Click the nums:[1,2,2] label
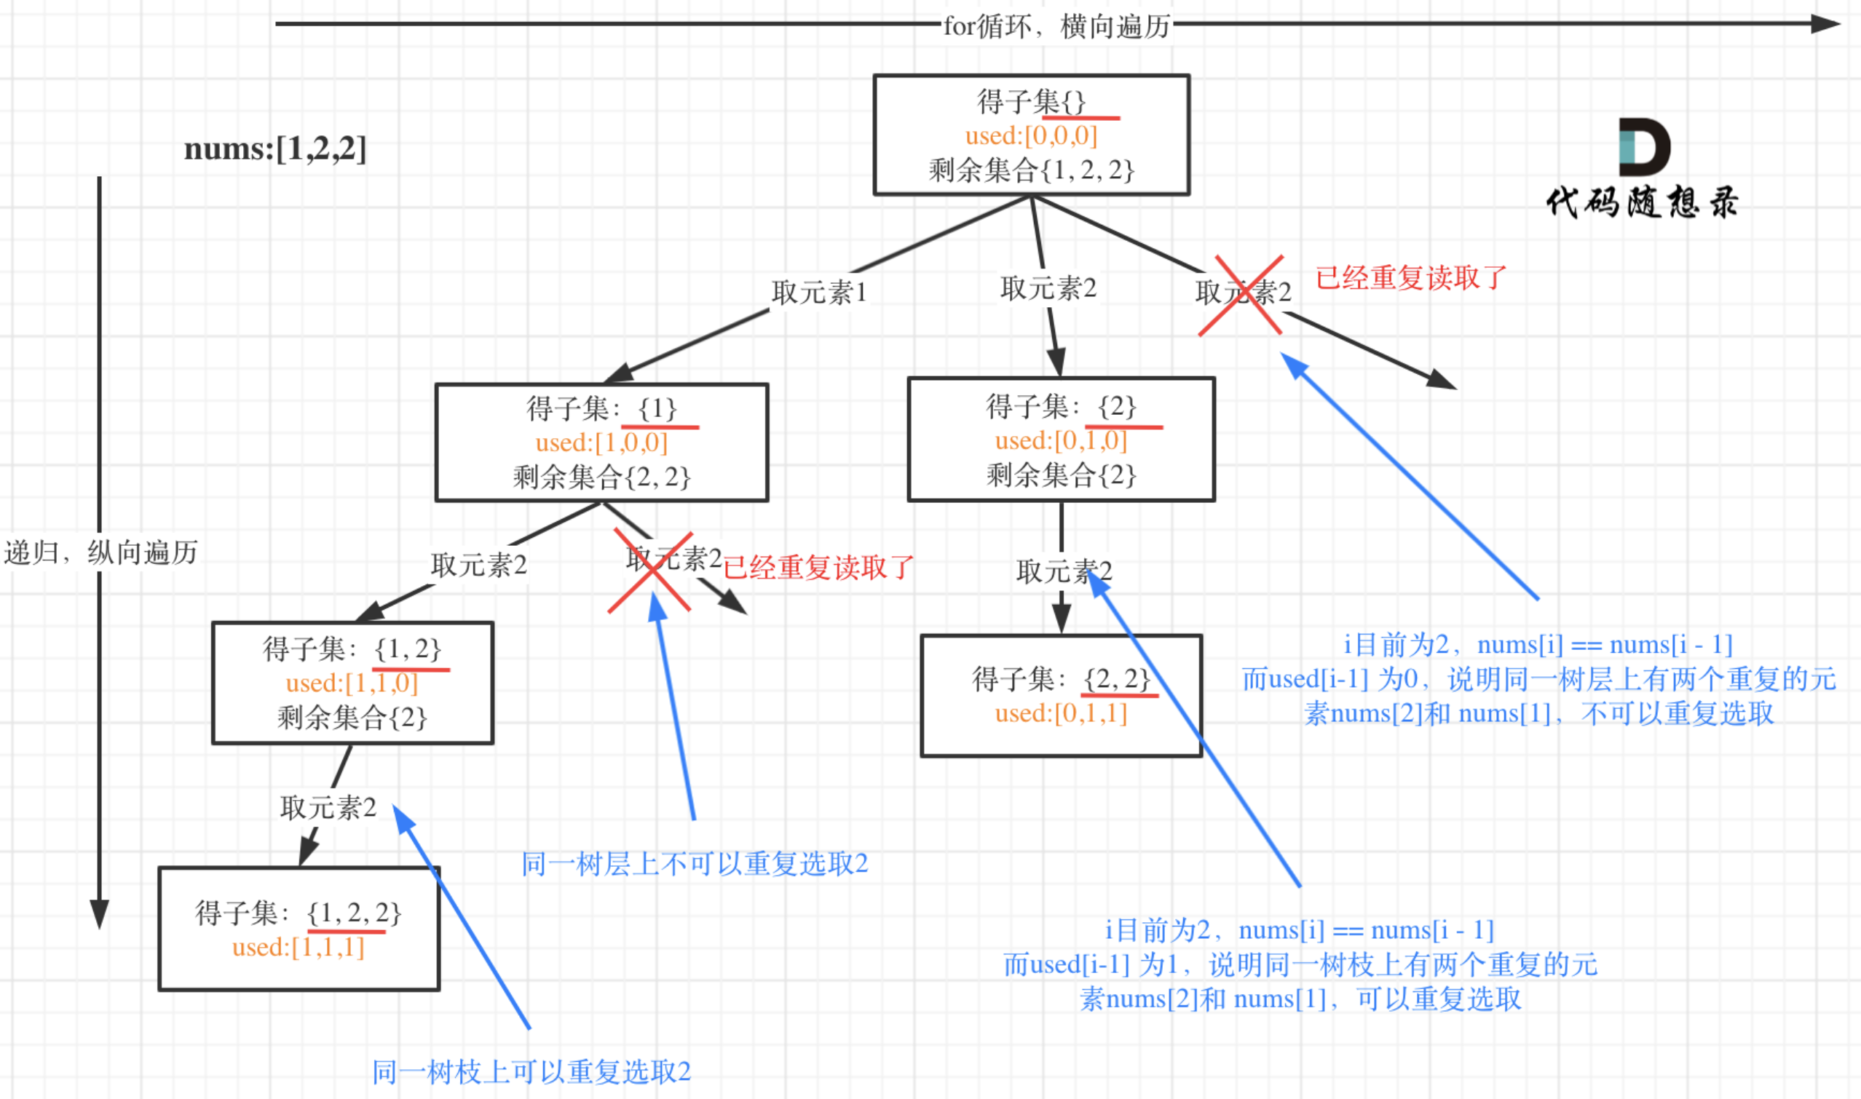click(x=274, y=149)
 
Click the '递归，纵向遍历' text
click(x=100, y=552)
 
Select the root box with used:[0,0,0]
click(x=1031, y=135)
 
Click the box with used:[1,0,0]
click(x=601, y=442)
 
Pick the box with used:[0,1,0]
click(x=1061, y=440)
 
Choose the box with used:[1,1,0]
click(x=352, y=683)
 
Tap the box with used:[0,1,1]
click(x=1061, y=696)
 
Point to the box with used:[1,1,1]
click(x=299, y=929)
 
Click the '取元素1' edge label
click(x=818, y=293)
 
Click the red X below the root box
click(x=1241, y=295)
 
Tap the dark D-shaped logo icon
click(x=1644, y=146)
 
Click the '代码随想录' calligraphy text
click(x=1642, y=202)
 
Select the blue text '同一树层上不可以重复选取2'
click(x=694, y=864)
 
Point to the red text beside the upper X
click(x=1410, y=278)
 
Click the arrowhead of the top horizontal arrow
click(x=1825, y=24)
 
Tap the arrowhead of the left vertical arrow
click(x=99, y=914)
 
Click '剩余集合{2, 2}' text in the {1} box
click(x=601, y=477)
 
